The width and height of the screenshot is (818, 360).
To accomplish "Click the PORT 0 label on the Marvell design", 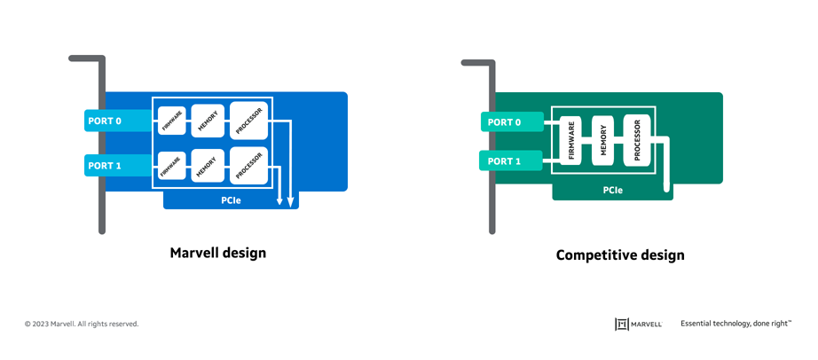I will (x=104, y=120).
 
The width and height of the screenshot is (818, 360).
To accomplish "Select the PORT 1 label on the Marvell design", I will (x=104, y=165).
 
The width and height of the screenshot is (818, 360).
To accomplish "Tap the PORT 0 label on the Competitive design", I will (x=504, y=122).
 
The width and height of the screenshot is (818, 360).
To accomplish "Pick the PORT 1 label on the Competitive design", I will (x=504, y=161).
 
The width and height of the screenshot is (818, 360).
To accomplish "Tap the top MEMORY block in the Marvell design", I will (x=208, y=121).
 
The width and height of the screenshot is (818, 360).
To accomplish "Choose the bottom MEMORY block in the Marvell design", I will (x=208, y=166).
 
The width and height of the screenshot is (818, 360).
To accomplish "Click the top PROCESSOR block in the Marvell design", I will (x=248, y=121).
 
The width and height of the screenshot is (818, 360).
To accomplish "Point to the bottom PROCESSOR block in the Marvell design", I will (x=248, y=166).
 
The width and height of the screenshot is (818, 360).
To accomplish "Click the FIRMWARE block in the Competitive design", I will (x=570, y=141).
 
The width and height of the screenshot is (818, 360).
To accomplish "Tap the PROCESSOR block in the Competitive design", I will (x=636, y=141).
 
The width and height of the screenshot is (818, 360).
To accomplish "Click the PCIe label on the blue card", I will (x=231, y=201).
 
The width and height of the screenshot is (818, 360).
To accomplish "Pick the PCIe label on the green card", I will (x=612, y=191).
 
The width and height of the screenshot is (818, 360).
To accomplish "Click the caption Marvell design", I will (x=217, y=253).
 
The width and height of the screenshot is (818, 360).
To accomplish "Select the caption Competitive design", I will (x=620, y=255).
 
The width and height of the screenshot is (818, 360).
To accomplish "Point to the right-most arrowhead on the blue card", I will (x=290, y=202).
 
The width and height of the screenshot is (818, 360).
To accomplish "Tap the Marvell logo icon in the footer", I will (x=622, y=325).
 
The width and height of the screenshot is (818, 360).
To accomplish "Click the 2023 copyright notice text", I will (x=82, y=325).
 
